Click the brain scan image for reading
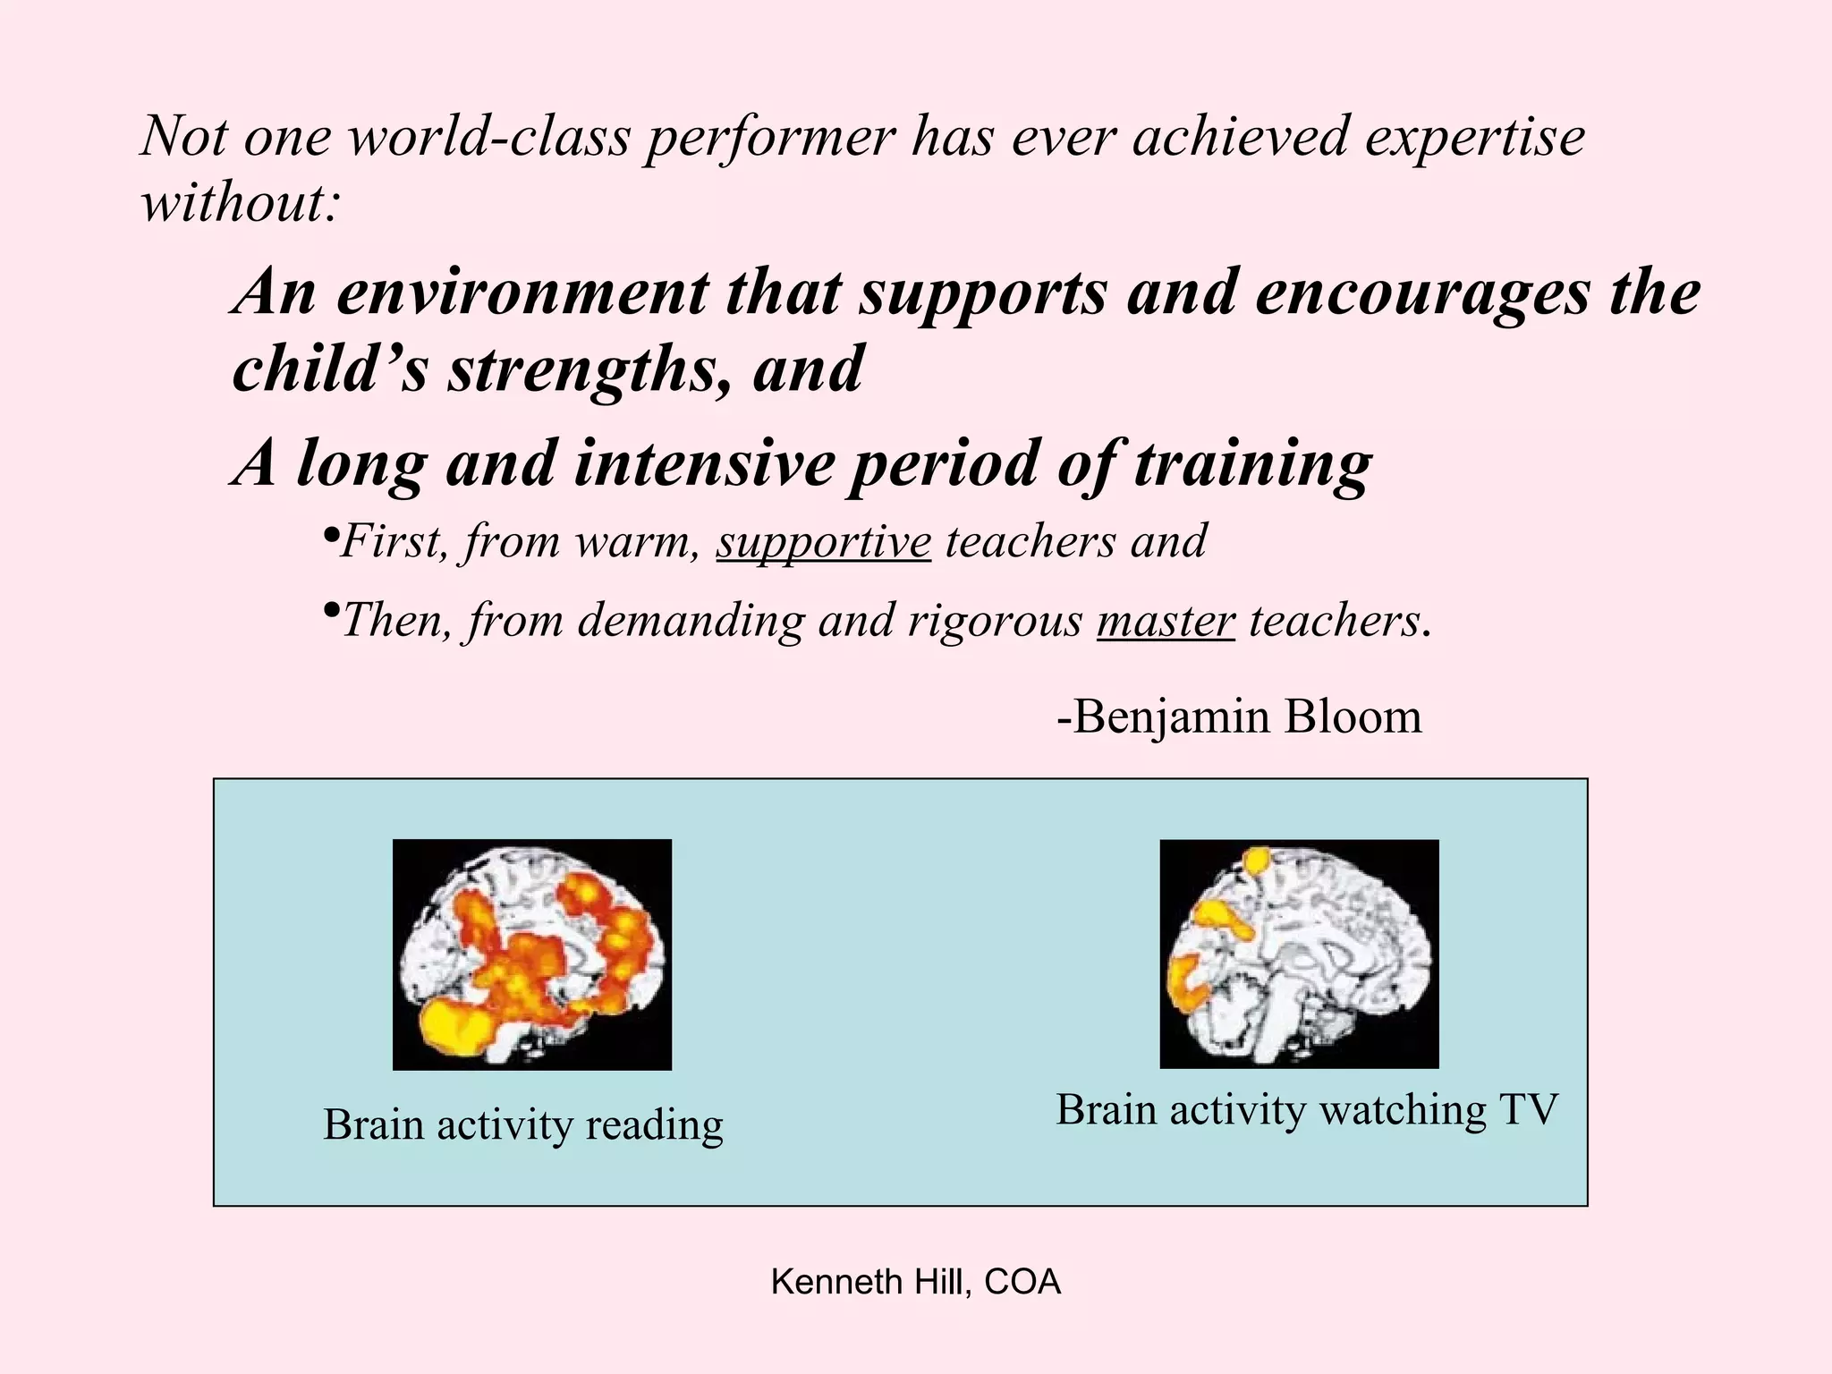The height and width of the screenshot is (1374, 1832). pos(532,954)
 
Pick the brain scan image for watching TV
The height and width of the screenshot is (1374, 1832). pos(1299,954)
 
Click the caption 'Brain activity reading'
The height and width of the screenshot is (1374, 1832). pos(523,1125)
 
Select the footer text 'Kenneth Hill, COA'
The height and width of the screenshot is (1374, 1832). pos(916,1283)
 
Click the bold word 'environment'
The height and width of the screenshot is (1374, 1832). pos(521,293)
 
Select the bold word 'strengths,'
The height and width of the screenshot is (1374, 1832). pos(591,369)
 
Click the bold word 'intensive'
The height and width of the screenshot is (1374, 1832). pos(703,464)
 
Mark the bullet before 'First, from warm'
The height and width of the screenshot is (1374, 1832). pos(329,535)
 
